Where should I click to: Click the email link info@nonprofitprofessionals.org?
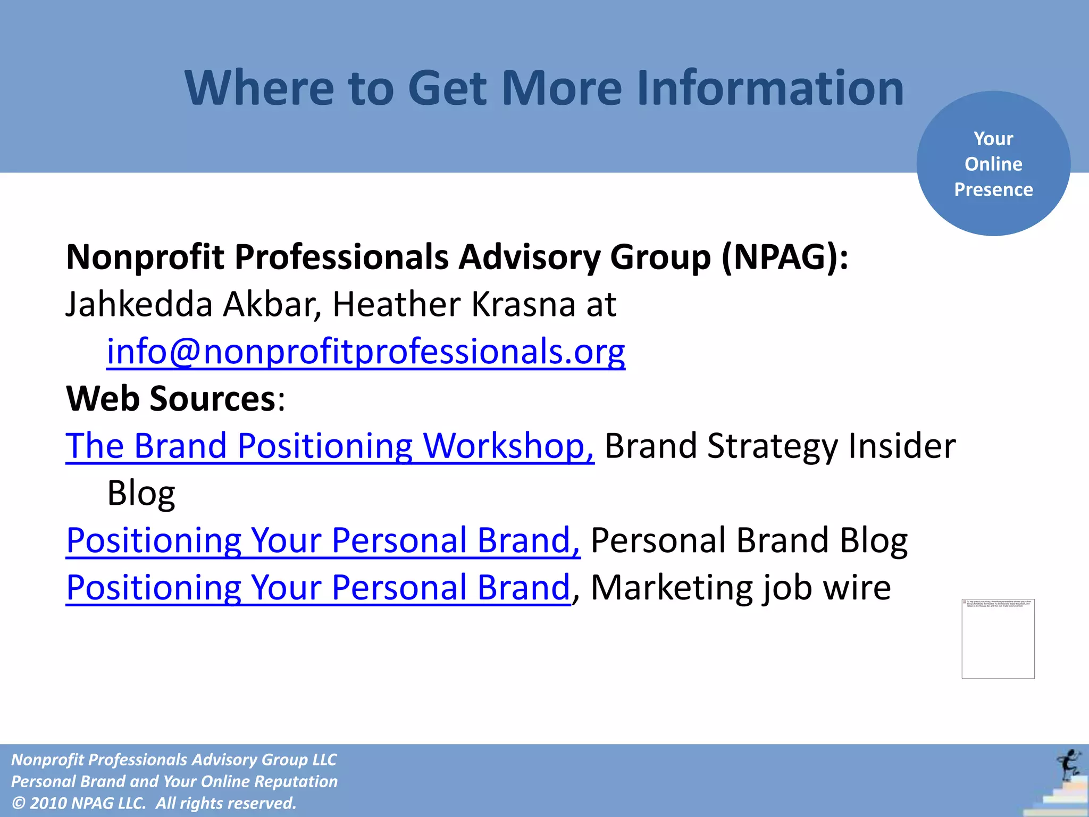(365, 352)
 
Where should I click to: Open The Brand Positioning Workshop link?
(330, 446)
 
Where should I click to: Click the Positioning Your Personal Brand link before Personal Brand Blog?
(323, 540)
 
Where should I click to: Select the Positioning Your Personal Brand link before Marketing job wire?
(318, 588)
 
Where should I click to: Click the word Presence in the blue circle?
(993, 190)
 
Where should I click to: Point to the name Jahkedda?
(139, 305)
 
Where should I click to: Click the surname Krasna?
(523, 305)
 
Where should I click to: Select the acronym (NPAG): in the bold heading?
(784, 257)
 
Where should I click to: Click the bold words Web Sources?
(170, 399)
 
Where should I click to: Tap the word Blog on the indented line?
(141, 494)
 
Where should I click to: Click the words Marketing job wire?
(740, 588)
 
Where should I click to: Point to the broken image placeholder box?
(998, 639)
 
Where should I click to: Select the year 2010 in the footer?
(48, 803)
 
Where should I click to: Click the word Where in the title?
(259, 88)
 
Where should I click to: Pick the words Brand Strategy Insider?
(780, 446)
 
